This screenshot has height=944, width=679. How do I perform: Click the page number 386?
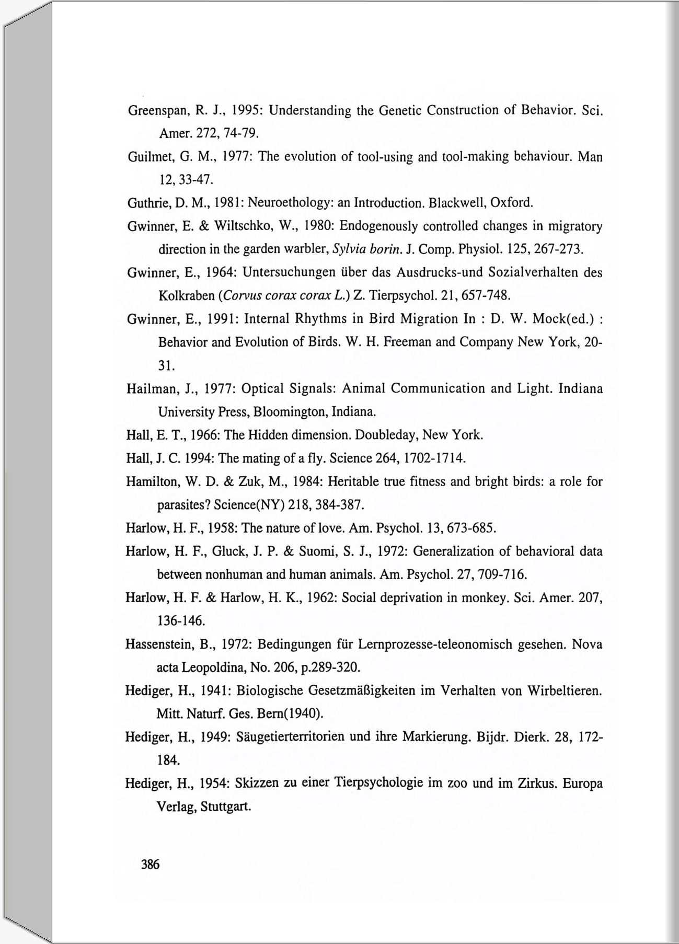150,864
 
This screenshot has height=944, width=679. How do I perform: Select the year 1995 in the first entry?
243,111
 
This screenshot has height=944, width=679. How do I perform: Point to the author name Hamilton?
152,481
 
